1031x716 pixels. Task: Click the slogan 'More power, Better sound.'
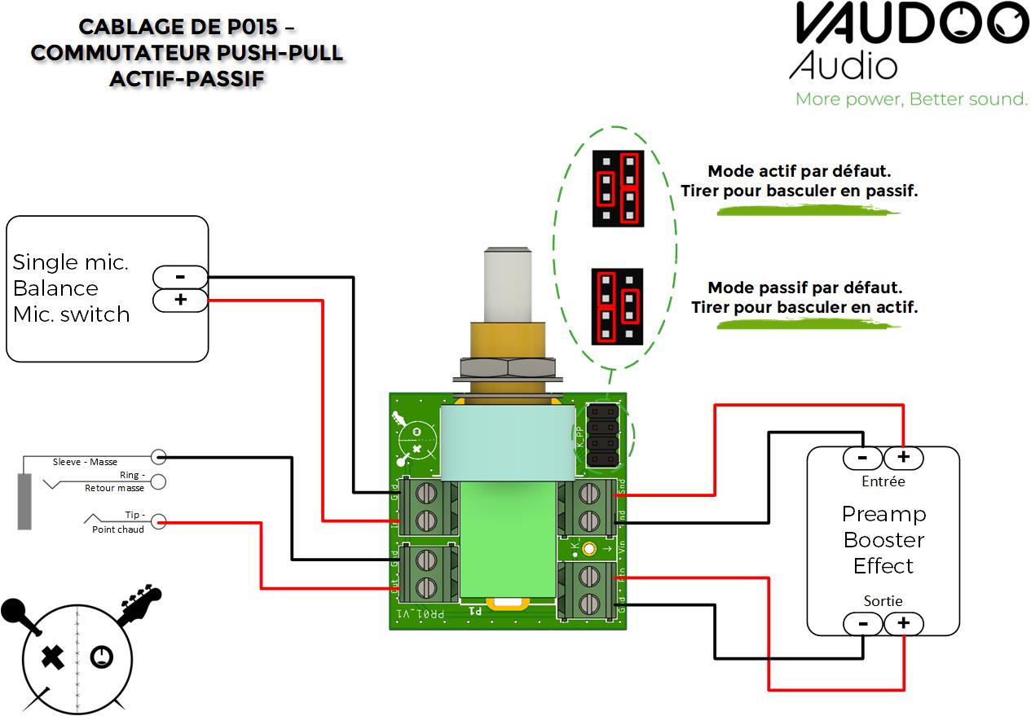pos(911,99)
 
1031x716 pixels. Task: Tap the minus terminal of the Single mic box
pos(180,277)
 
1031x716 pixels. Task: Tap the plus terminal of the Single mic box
pos(180,301)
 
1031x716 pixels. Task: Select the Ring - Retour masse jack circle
pos(159,481)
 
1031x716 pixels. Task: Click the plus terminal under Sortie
pos(903,624)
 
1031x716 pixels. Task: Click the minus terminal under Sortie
pos(863,624)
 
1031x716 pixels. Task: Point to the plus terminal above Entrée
pos(903,459)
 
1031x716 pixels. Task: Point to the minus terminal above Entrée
pos(863,459)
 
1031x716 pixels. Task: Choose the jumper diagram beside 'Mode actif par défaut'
pos(618,188)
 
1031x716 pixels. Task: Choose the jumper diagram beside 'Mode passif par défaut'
pos(617,305)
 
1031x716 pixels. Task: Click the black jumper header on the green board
pos(604,433)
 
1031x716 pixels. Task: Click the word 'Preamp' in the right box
pos(883,515)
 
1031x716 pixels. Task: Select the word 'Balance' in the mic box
pos(55,288)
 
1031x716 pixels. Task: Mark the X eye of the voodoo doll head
pos(53,656)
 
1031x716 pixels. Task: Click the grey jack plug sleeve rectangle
pos(24,501)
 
